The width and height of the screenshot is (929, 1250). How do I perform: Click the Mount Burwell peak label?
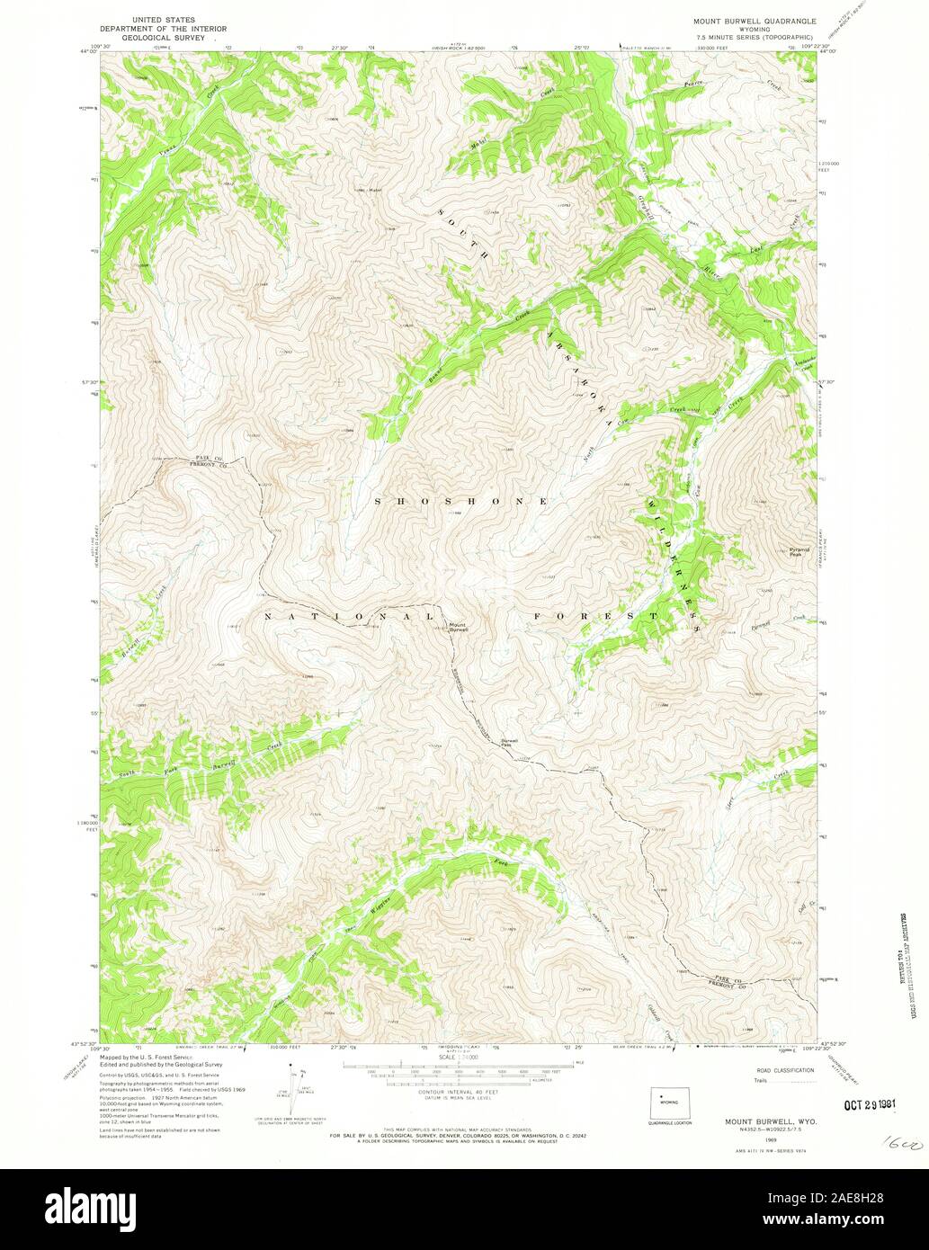tap(458, 628)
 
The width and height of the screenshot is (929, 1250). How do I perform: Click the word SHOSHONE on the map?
tap(458, 500)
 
